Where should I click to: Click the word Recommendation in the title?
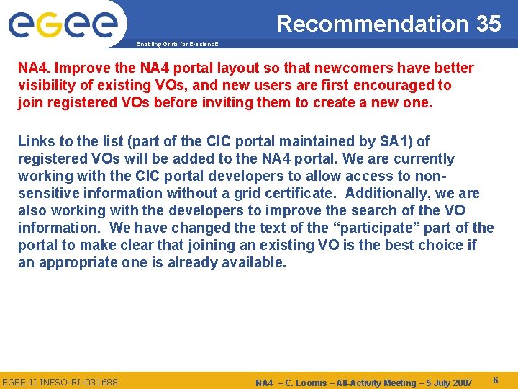click(371, 24)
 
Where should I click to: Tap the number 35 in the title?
click(488, 24)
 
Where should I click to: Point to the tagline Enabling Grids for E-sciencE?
click(177, 45)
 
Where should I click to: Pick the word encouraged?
click(407, 85)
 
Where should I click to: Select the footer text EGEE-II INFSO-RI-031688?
click(60, 381)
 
